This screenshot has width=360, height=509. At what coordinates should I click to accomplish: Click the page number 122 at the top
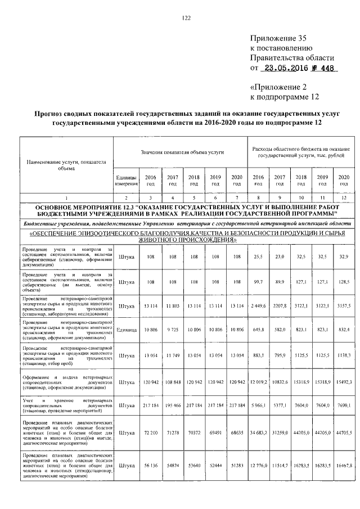pos(187,18)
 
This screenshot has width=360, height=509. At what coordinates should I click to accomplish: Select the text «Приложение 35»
pos(279,39)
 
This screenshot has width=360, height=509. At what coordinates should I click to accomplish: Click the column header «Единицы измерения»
pos(126,181)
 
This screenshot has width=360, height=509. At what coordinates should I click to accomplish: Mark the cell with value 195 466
pos(172,405)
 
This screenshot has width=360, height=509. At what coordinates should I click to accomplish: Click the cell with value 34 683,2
pos(258,433)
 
